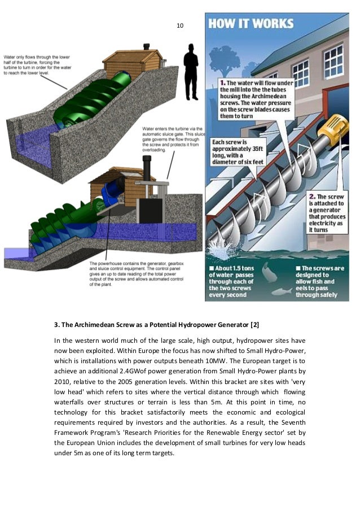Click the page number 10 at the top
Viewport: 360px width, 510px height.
(180, 25)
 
